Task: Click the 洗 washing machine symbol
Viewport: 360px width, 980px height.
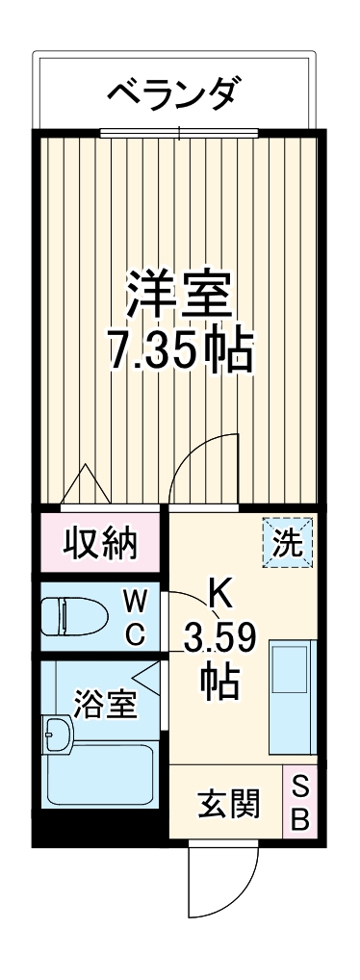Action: click(x=289, y=542)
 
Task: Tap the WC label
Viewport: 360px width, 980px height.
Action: click(x=136, y=617)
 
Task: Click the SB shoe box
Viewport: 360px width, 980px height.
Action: click(x=298, y=804)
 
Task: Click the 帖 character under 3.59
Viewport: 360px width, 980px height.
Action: click(x=219, y=683)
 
